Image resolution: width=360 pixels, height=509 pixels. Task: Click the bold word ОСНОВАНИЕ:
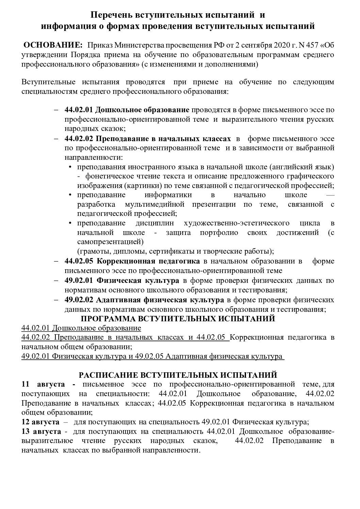(x=52, y=46)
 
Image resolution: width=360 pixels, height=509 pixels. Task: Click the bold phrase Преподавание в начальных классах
(x=163, y=139)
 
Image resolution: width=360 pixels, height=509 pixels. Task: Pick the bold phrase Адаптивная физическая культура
(x=160, y=300)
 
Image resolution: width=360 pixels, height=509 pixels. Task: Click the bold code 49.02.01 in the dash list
(x=79, y=281)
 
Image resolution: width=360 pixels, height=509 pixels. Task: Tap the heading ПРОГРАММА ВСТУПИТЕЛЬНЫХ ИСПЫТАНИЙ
(x=178, y=319)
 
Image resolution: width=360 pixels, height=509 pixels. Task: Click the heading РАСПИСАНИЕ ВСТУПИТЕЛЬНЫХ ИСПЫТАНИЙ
(x=178, y=375)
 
